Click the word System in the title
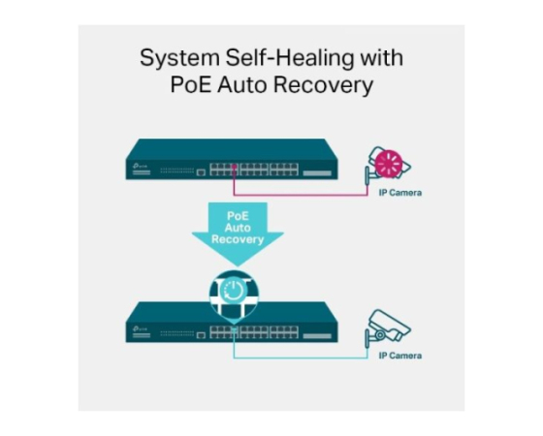tap(179, 58)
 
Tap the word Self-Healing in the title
tap(290, 57)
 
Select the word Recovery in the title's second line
tap(323, 85)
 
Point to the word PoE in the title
tap(190, 84)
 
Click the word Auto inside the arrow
tap(238, 228)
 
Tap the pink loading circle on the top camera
tap(389, 163)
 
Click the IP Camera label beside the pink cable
tap(400, 193)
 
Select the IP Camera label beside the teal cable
tap(400, 356)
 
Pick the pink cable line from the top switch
tap(301, 195)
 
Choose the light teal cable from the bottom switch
tap(301, 358)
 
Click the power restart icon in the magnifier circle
tap(234, 290)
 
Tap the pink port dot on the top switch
tap(235, 167)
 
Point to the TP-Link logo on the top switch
tap(141, 166)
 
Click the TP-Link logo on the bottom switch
tap(141, 328)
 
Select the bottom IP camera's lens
tap(380, 335)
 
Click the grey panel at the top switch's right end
tap(317, 173)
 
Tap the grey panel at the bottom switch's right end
tap(317, 335)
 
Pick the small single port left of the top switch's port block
tap(201, 172)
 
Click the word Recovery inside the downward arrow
tap(238, 239)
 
